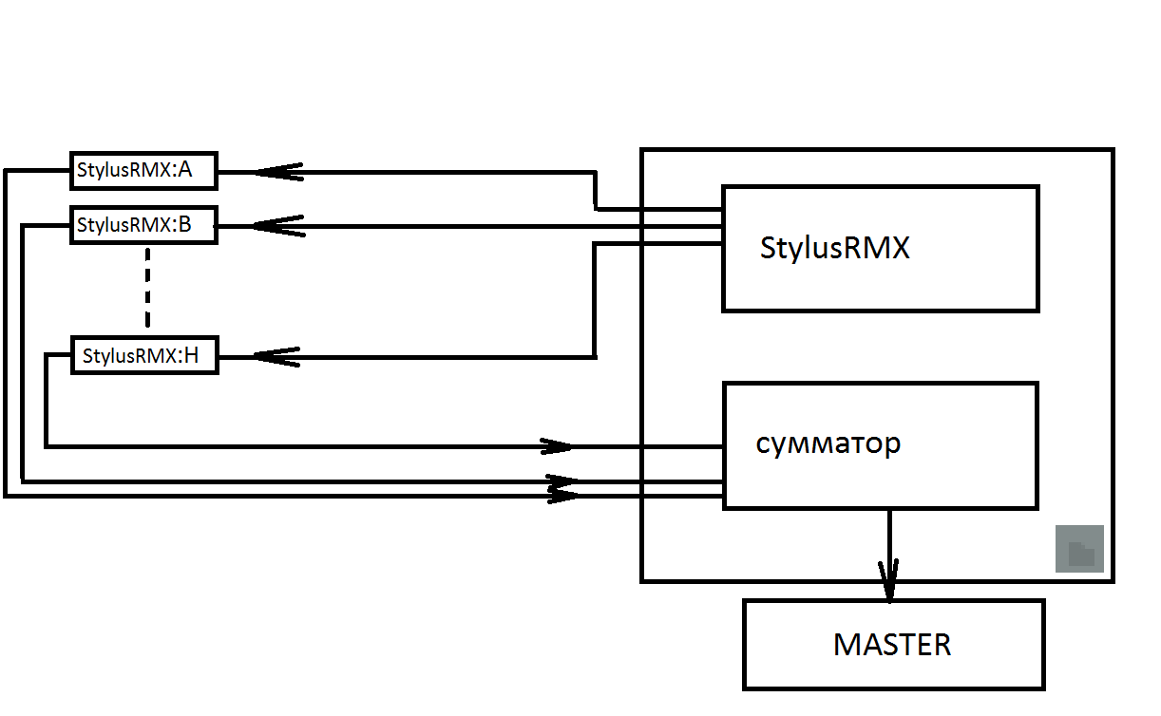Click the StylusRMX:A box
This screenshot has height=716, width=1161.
point(143,171)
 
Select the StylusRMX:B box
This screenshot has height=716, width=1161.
point(143,225)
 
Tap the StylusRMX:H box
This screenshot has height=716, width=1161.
point(144,356)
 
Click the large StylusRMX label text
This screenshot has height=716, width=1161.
point(835,248)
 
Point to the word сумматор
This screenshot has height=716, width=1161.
point(828,443)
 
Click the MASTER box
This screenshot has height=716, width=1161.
point(893,645)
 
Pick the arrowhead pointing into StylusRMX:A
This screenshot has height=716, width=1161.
point(277,172)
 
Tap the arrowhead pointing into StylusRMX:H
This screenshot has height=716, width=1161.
point(276,357)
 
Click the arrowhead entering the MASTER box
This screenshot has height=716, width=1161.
point(889,581)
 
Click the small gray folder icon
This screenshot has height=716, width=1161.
point(1080,550)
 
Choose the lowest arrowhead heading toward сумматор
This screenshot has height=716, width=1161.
point(564,495)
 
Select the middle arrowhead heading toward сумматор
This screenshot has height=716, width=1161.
point(562,481)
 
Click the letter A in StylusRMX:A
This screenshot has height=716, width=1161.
point(184,171)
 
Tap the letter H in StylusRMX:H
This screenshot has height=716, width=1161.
point(191,356)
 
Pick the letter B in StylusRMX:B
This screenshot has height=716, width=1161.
point(184,225)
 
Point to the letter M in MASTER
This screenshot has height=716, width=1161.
point(845,645)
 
